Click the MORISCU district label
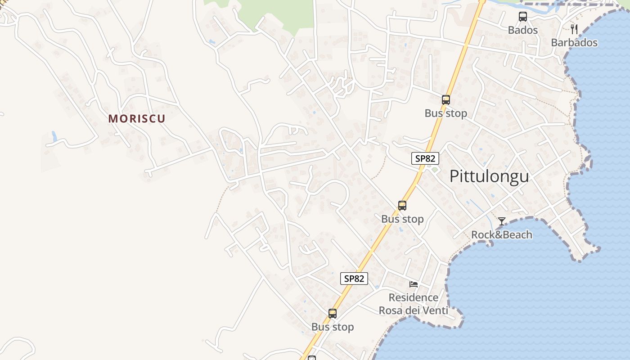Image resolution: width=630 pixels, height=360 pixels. (x=137, y=118)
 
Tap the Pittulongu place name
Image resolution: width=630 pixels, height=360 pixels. (x=489, y=176)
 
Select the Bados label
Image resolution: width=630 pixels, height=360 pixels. (x=522, y=30)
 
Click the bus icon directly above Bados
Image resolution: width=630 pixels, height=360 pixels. (x=522, y=17)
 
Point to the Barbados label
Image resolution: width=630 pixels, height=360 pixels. (x=574, y=43)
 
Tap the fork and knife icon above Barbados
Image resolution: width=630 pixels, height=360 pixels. (x=574, y=29)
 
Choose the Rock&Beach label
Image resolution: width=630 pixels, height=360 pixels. (x=501, y=234)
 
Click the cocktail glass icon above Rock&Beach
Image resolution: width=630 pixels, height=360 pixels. (x=502, y=221)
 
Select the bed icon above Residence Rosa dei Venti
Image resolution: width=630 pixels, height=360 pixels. (x=414, y=284)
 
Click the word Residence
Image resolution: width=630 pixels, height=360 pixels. (x=413, y=297)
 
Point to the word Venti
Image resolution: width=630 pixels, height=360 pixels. (x=434, y=310)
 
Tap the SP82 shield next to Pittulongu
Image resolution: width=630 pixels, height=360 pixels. (x=425, y=158)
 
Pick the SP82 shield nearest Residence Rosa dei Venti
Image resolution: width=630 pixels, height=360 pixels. (x=354, y=279)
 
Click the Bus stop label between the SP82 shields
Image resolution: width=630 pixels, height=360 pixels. (x=402, y=219)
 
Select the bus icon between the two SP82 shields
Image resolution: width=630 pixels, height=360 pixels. (x=402, y=206)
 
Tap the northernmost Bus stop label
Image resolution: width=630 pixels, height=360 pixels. (x=445, y=113)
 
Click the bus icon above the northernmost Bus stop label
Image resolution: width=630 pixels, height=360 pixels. (x=445, y=100)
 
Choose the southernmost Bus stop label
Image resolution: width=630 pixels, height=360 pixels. (x=333, y=327)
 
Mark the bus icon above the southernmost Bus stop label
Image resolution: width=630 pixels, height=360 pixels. (x=333, y=314)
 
